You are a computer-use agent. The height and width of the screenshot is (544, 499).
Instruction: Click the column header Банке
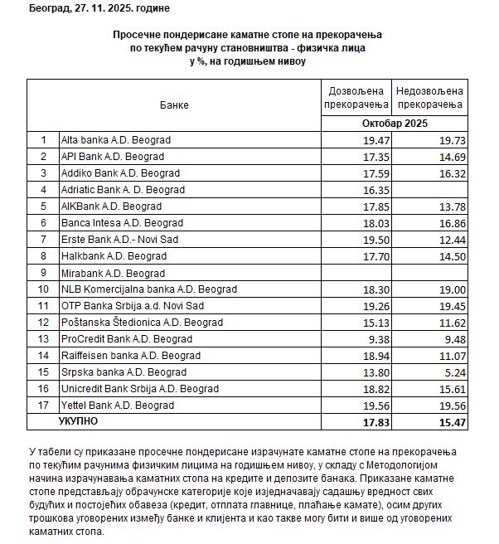click(174, 105)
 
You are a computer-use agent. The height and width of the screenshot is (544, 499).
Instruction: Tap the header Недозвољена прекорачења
click(430, 96)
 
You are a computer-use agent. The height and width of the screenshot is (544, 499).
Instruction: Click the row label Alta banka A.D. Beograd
click(116, 140)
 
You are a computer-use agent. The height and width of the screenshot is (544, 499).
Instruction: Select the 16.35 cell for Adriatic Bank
click(375, 190)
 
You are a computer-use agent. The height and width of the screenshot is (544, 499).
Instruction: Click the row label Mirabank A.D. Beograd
click(113, 273)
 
